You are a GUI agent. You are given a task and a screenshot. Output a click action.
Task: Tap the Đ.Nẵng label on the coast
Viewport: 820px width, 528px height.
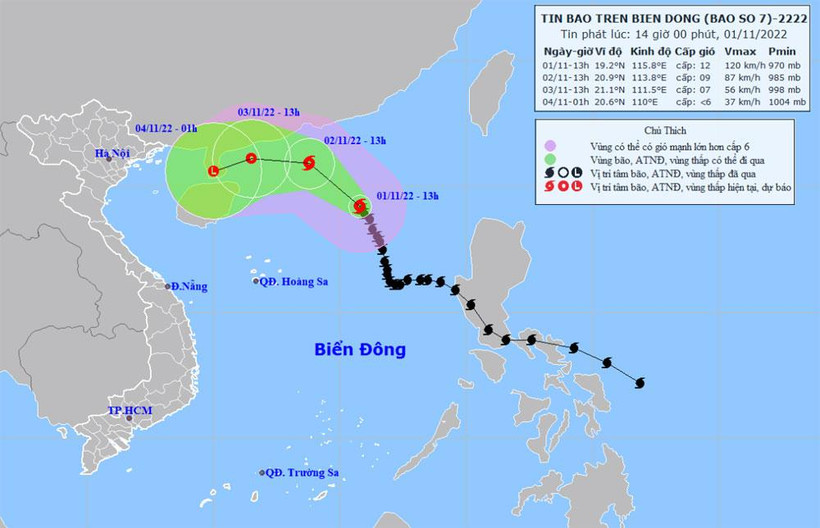(x=189, y=287)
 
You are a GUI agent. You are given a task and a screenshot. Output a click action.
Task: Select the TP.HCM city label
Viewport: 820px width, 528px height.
(x=132, y=412)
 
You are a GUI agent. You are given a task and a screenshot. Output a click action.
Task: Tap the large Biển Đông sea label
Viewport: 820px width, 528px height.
(x=360, y=350)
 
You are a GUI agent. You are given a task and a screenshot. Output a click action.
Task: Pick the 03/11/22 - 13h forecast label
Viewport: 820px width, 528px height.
(x=277, y=112)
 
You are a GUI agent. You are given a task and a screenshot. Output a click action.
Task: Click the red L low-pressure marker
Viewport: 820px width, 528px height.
(x=212, y=171)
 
